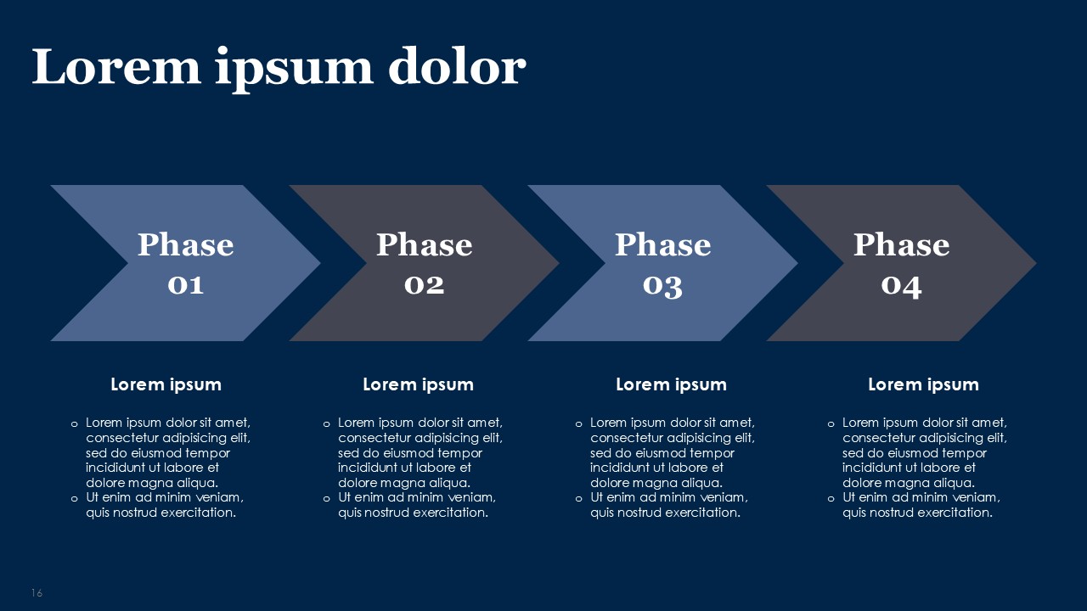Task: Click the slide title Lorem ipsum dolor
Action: click(279, 68)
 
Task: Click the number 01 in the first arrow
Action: click(185, 284)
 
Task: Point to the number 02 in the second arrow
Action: click(424, 284)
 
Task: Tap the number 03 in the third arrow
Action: click(662, 285)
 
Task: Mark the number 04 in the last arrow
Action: click(901, 285)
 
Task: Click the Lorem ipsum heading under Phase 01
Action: click(166, 384)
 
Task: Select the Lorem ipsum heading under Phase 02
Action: click(418, 384)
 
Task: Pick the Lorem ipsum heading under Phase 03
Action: click(671, 384)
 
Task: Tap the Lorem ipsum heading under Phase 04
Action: click(923, 384)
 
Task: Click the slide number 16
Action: click(37, 593)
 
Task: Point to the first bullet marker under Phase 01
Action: click(74, 423)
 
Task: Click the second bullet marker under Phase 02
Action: click(326, 498)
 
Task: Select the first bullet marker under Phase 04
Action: click(831, 423)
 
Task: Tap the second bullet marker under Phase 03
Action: click(578, 498)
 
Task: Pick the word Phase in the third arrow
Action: click(662, 245)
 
